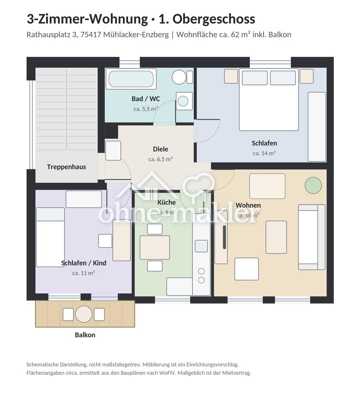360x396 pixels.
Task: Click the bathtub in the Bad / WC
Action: [x=131, y=79]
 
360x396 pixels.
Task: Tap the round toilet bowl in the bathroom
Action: [x=179, y=77]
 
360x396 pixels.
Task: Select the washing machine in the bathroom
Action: [x=184, y=101]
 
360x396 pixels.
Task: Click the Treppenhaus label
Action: [x=66, y=167]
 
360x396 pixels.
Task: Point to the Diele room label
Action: [x=160, y=149]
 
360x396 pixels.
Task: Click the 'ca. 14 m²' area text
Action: [x=264, y=153]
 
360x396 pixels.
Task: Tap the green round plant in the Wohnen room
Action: [x=313, y=186]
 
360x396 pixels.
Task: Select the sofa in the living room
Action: [x=312, y=237]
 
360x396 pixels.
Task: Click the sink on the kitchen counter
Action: [x=201, y=246]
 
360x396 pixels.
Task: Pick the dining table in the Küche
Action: [x=155, y=247]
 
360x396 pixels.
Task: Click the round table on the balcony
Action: [x=84, y=314]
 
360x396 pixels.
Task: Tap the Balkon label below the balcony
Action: [x=85, y=335]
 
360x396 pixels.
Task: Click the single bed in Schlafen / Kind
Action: [x=50, y=237]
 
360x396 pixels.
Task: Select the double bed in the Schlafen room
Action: [x=269, y=99]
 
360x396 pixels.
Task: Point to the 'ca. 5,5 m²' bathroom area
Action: [x=146, y=109]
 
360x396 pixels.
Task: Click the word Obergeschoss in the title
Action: [x=214, y=19]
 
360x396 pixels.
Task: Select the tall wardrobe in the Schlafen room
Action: [x=317, y=127]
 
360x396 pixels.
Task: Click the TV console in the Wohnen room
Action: [x=221, y=237]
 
